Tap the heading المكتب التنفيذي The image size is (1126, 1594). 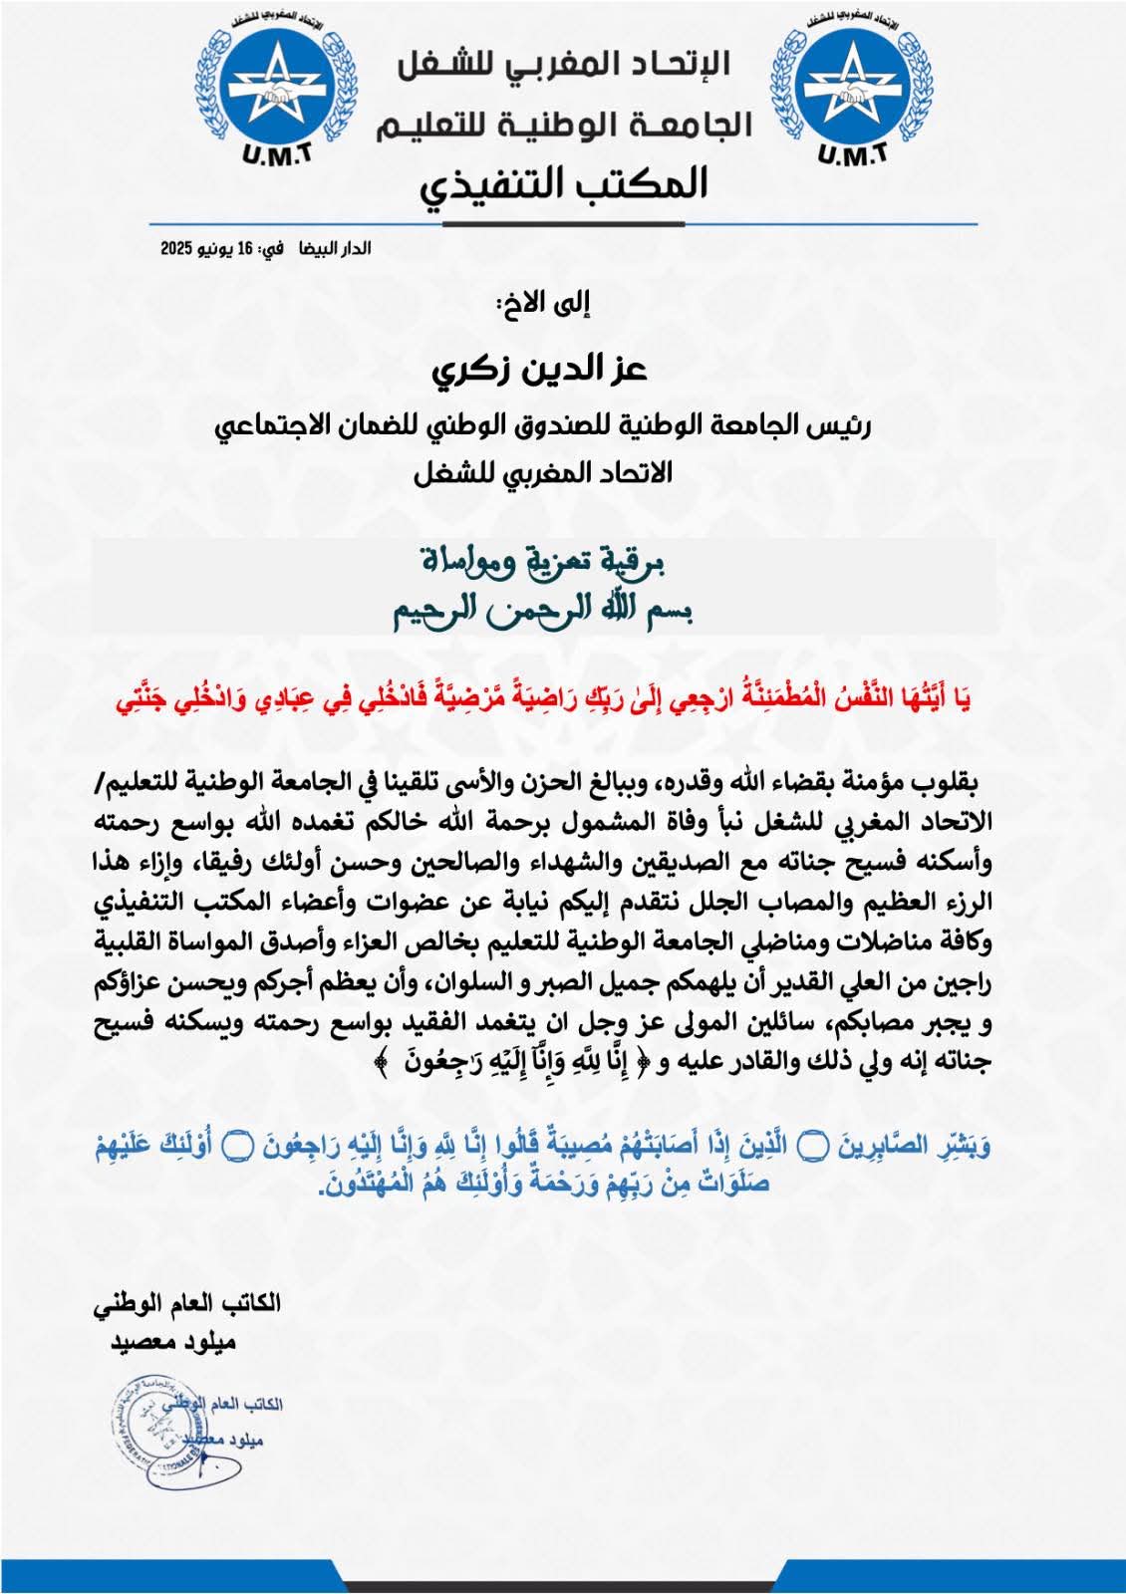click(564, 184)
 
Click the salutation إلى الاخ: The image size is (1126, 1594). click(544, 304)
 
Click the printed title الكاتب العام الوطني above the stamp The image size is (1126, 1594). click(186, 1303)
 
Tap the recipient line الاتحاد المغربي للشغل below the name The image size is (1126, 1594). click(543, 474)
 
